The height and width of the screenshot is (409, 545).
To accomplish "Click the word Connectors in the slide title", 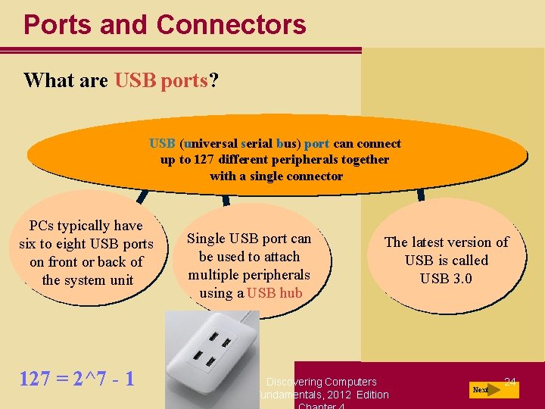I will point(231,24).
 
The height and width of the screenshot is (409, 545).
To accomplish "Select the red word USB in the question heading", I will point(135,80).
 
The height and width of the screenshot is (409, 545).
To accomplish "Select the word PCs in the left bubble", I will point(42,226).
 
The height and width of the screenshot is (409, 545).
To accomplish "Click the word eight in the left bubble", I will point(71,244).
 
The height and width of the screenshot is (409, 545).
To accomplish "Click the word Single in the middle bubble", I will point(206,239).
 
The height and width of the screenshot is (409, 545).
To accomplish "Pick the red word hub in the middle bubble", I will point(290,293).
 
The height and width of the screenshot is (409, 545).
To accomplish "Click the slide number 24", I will point(510,382).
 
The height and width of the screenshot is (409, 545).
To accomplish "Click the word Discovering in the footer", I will point(294,382).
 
